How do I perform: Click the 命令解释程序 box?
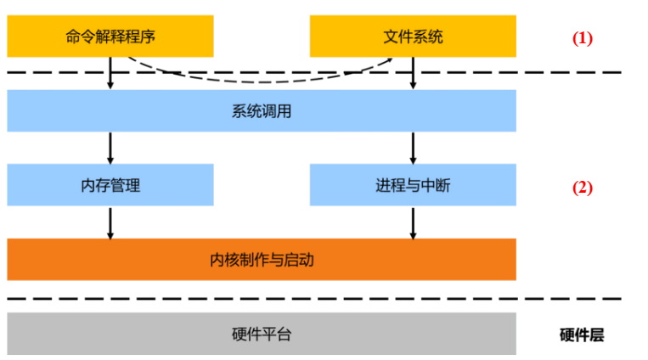(x=110, y=37)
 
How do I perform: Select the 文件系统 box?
(x=413, y=37)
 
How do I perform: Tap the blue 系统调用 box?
(x=262, y=110)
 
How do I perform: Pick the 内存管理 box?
(x=110, y=185)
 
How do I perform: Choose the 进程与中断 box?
(x=413, y=185)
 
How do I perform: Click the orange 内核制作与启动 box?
(x=262, y=259)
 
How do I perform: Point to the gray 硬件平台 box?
(x=262, y=334)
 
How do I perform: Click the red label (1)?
(x=582, y=38)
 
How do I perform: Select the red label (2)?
(x=582, y=188)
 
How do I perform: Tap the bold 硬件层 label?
(x=582, y=335)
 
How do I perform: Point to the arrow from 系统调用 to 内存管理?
(x=110, y=148)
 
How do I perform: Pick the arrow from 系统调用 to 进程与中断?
(x=413, y=148)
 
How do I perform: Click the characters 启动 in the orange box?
(x=298, y=260)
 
